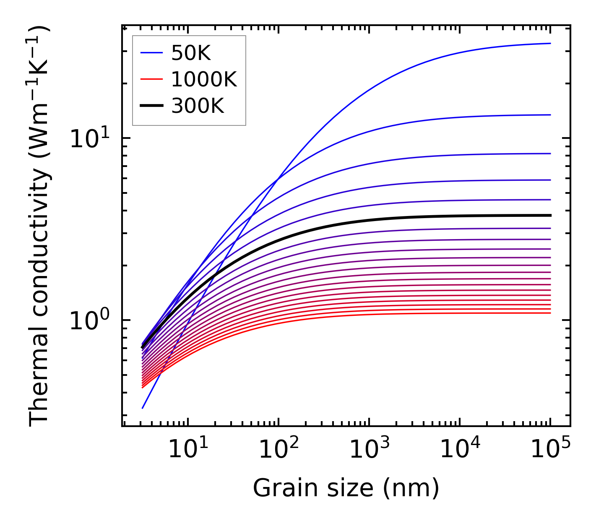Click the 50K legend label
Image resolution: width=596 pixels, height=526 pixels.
(190, 53)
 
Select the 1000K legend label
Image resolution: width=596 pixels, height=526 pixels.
(204, 79)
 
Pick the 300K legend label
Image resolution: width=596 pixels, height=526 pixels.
(198, 106)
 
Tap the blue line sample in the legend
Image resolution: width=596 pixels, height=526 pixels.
(151, 53)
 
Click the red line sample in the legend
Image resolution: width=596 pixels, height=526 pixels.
(151, 79)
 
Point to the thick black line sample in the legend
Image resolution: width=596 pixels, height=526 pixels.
(151, 106)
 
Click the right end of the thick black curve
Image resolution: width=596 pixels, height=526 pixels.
(550, 215)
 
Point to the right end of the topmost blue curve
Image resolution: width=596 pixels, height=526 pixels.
(550, 43)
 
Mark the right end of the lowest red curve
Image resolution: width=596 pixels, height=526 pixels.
(550, 313)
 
